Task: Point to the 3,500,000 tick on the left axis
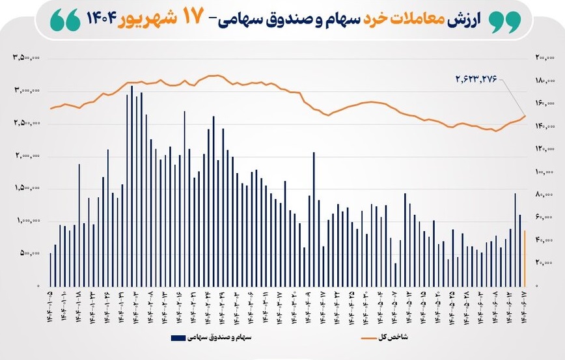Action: tap(27, 58)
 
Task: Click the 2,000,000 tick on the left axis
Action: tap(27, 156)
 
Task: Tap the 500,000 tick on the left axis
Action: tap(29, 254)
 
